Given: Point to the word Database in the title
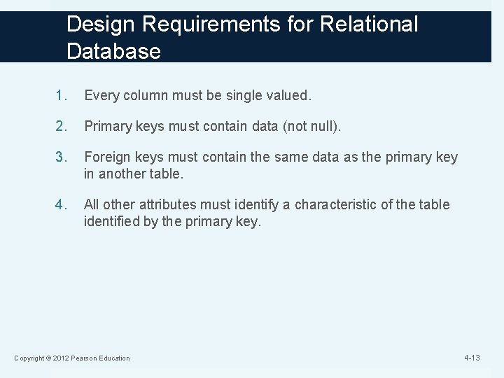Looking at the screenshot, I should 114,51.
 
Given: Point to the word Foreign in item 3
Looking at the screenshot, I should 104,157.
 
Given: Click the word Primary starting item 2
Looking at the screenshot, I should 105,126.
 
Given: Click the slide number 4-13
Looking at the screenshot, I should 473,358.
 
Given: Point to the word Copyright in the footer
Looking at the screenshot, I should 30,358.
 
